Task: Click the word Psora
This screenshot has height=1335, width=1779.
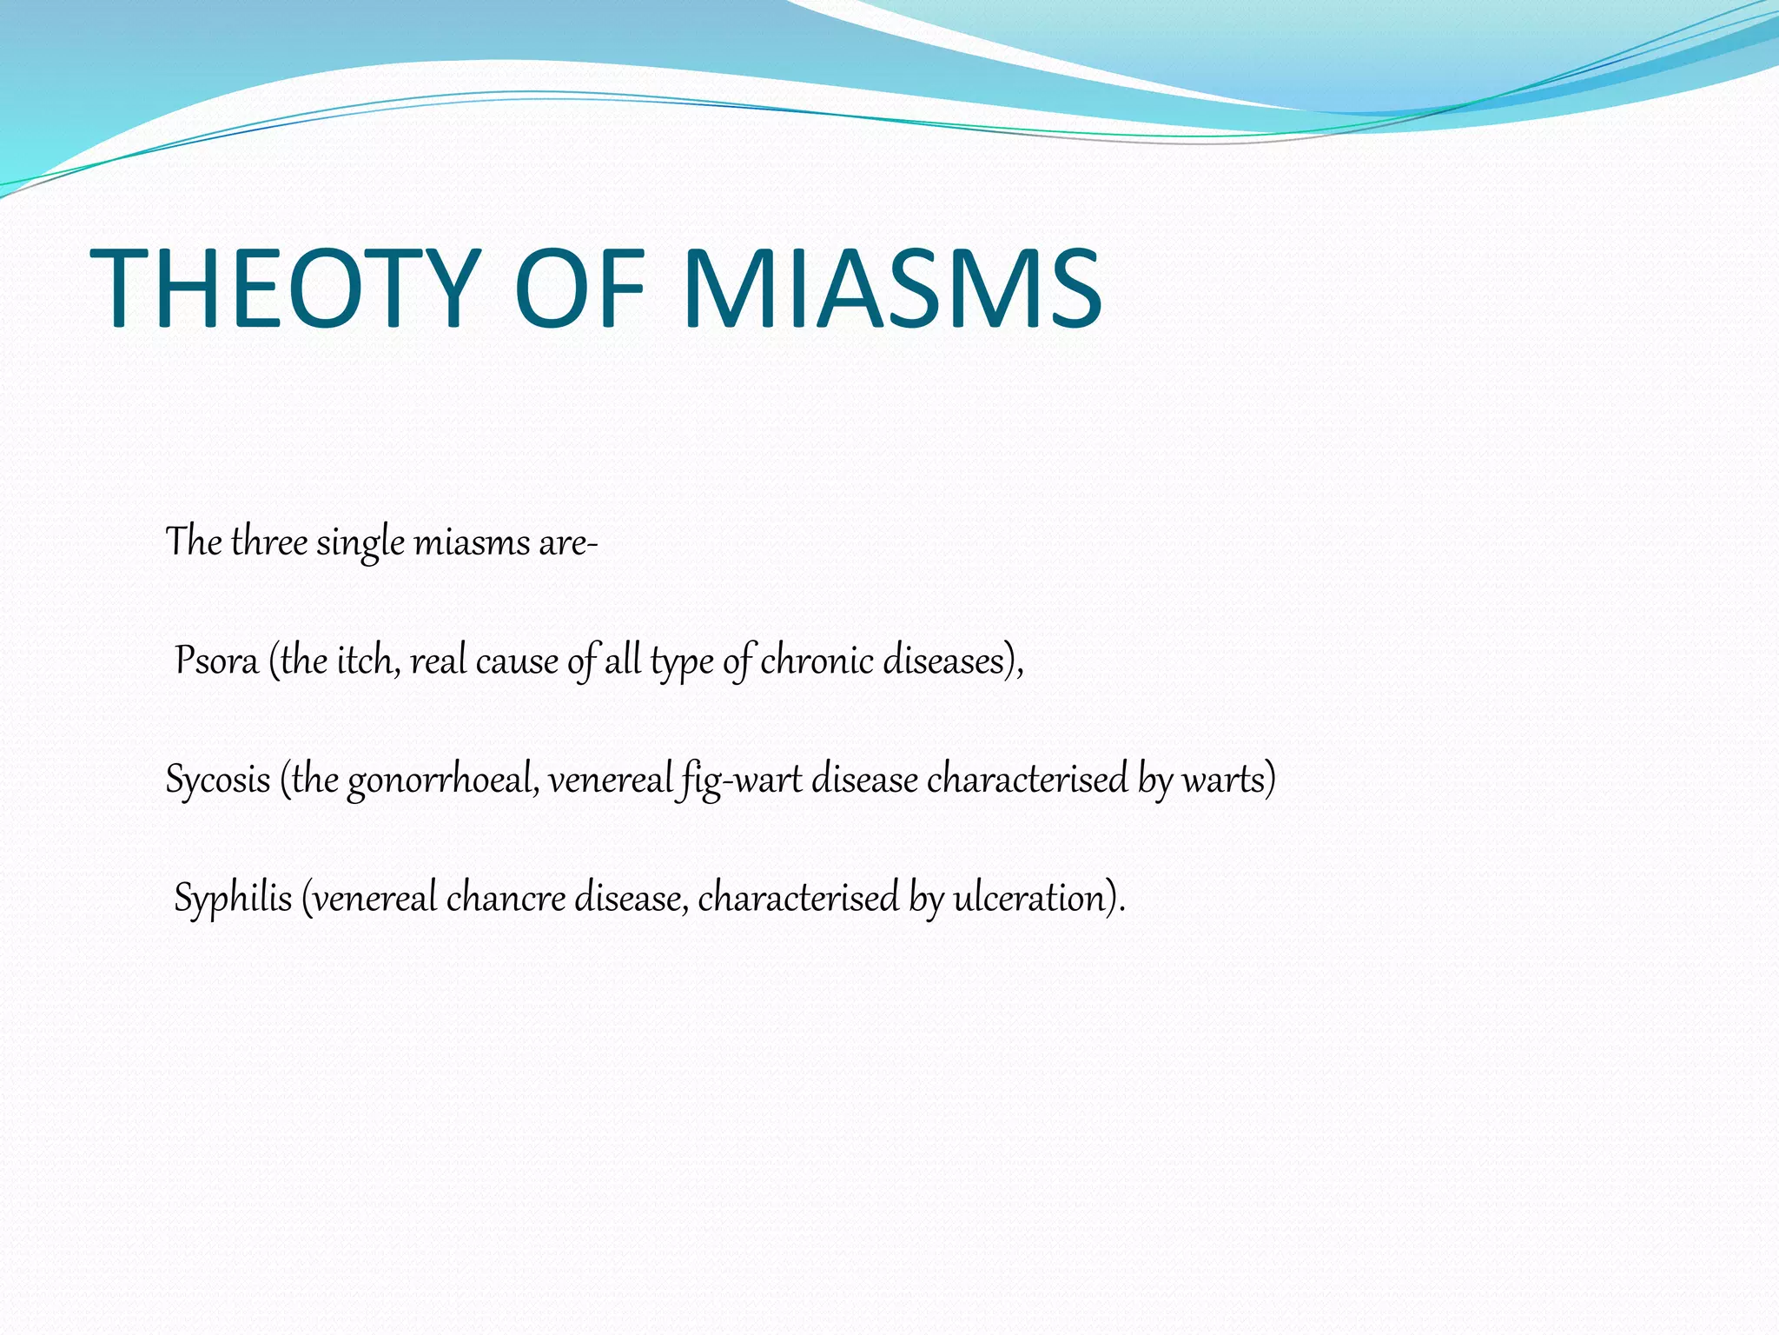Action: (x=216, y=661)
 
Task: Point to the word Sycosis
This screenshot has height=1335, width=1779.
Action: (x=218, y=780)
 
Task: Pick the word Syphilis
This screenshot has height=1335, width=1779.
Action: (x=233, y=898)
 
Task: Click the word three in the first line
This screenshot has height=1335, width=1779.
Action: (x=269, y=542)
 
